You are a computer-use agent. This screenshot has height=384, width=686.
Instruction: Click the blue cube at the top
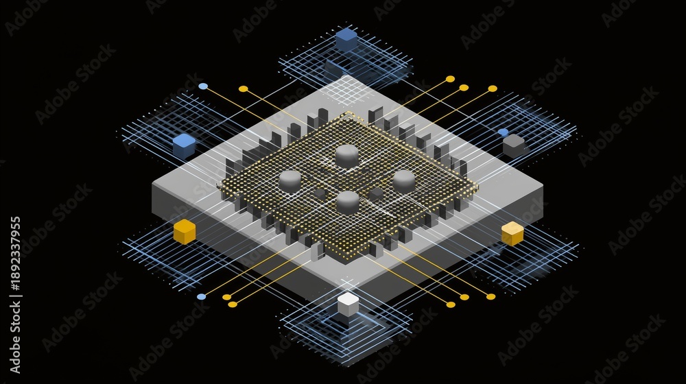tap(346, 39)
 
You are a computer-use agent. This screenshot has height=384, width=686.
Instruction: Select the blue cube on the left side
tap(184, 145)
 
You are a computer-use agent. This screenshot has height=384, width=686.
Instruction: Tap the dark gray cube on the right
tap(514, 145)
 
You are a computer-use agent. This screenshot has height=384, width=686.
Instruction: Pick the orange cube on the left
tap(184, 231)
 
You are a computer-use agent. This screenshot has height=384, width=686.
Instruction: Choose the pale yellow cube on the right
tap(512, 233)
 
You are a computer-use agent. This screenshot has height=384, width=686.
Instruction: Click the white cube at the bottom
tap(348, 304)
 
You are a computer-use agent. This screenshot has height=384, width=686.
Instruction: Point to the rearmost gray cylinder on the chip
tap(347, 156)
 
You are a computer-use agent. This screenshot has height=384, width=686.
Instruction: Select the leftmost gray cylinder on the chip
tap(290, 181)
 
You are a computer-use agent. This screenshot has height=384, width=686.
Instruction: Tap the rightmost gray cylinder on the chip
tap(404, 181)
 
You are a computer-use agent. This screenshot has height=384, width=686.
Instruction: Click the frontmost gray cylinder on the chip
tap(348, 202)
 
